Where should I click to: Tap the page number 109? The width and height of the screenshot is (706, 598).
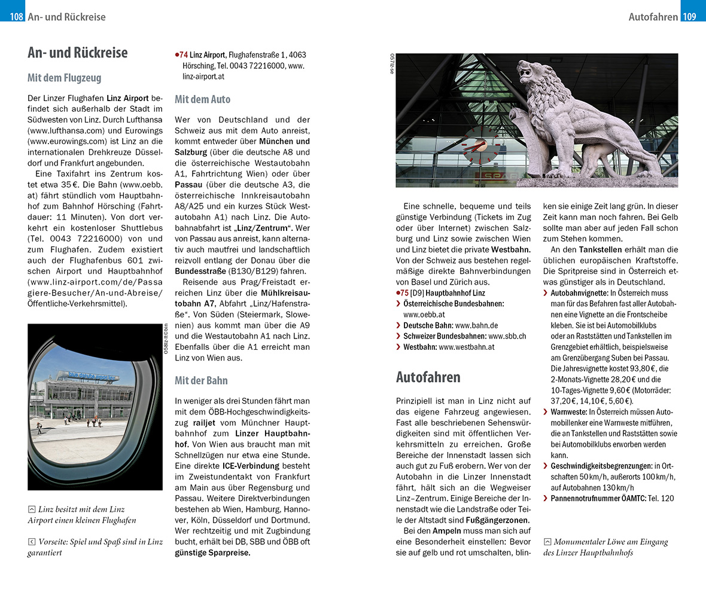point(689,17)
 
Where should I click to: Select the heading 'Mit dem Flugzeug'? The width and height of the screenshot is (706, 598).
point(64,78)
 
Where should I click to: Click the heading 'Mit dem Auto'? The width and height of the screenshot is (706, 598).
point(202,99)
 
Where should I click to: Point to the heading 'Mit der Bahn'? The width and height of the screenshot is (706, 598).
point(201,380)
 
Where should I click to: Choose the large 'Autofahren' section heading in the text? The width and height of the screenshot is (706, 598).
point(428,377)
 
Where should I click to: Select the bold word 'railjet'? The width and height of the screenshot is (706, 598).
point(213,421)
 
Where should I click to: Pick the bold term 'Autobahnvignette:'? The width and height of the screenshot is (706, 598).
point(579,293)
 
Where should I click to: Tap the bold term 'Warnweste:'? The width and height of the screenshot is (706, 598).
point(568,412)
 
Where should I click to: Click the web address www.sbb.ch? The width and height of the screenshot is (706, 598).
point(507,336)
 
